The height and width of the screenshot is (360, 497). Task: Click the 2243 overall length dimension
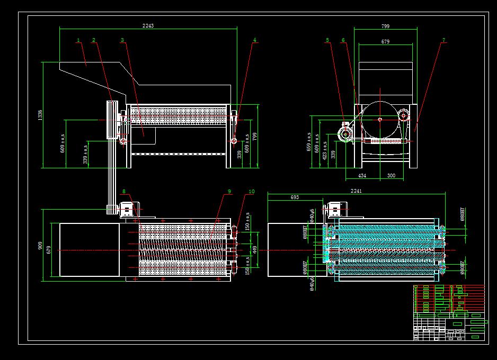(148, 25)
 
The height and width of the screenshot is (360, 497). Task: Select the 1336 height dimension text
(40, 115)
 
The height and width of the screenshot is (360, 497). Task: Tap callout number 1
(78, 40)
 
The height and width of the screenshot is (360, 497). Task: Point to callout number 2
(94, 40)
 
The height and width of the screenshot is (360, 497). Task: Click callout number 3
(122, 40)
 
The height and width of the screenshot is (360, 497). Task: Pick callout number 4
(254, 40)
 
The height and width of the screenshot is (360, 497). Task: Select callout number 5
(327, 40)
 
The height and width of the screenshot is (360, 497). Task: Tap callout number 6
(343, 40)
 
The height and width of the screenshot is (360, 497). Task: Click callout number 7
(443, 40)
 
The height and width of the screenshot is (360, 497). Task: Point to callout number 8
(124, 191)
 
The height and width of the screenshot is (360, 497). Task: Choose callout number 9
(229, 191)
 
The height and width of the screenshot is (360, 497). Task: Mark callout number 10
(251, 191)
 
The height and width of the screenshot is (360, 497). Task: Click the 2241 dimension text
(356, 191)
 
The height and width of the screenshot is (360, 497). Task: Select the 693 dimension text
(295, 197)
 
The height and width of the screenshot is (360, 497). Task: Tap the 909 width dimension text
(40, 246)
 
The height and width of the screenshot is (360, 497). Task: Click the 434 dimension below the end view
(362, 175)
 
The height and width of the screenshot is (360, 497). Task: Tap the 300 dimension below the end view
(391, 175)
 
